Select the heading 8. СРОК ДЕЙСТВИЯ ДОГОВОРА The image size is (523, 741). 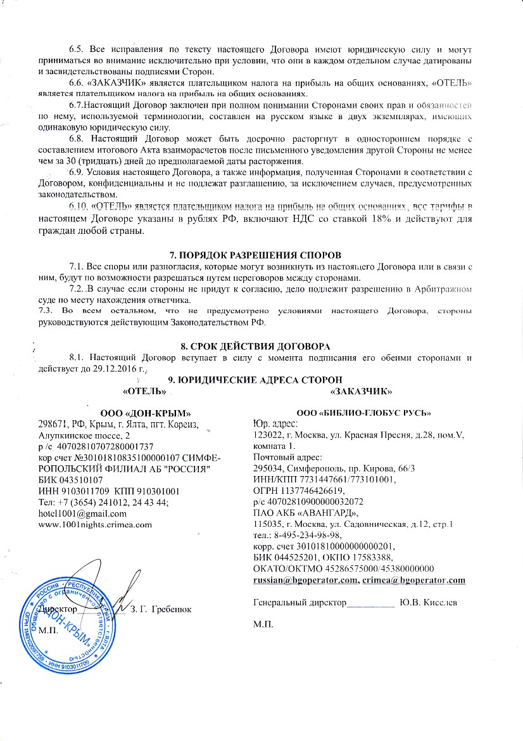point(261,346)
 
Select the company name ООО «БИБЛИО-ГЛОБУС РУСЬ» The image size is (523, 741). point(358,413)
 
